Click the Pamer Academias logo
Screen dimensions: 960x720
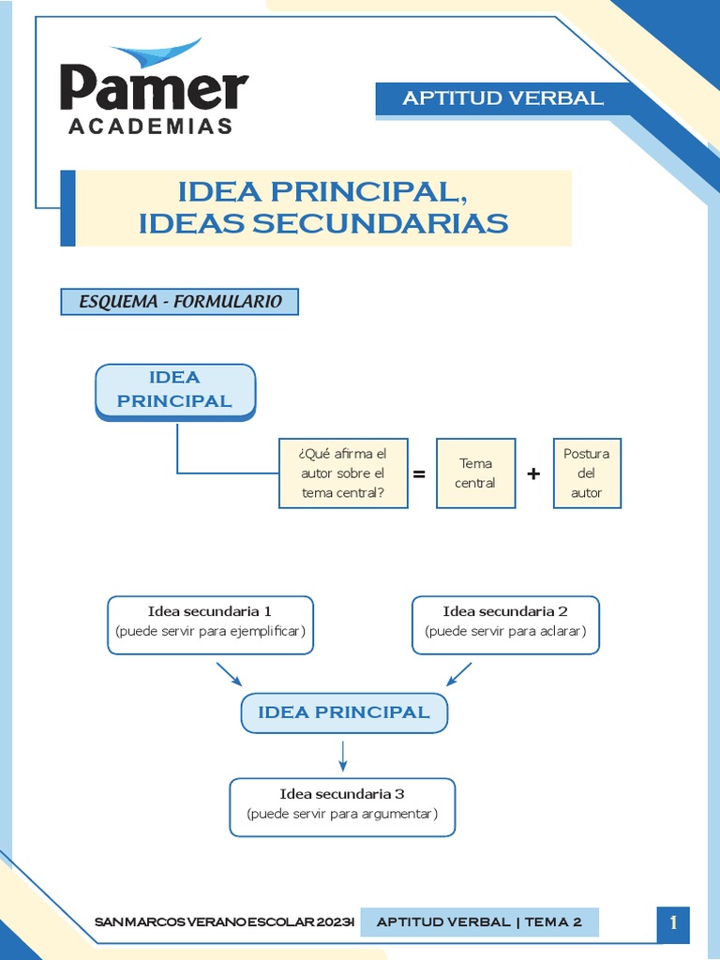click(x=155, y=89)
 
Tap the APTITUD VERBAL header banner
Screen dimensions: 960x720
click(x=503, y=98)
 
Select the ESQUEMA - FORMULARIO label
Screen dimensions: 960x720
click(x=180, y=302)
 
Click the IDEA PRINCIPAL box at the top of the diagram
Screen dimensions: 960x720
click(x=175, y=389)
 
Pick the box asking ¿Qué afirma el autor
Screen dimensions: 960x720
click(x=343, y=473)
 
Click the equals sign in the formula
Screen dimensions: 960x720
click(x=419, y=474)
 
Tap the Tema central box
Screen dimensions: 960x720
click(x=475, y=473)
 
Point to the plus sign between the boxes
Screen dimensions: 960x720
click(x=533, y=474)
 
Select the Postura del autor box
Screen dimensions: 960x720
click(x=587, y=473)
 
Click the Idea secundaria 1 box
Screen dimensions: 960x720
click(x=210, y=622)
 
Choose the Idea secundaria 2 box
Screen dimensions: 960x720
click(x=505, y=622)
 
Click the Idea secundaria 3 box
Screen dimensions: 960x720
click(x=342, y=804)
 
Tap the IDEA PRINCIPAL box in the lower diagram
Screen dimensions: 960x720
click(x=344, y=712)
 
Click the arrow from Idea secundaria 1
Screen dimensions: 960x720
click(x=229, y=673)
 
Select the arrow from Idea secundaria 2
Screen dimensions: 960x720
click(x=458, y=673)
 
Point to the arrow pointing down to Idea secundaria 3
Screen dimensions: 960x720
click(x=343, y=755)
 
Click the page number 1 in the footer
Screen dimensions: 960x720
click(x=673, y=922)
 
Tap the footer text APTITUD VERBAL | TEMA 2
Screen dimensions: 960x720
click(x=479, y=922)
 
